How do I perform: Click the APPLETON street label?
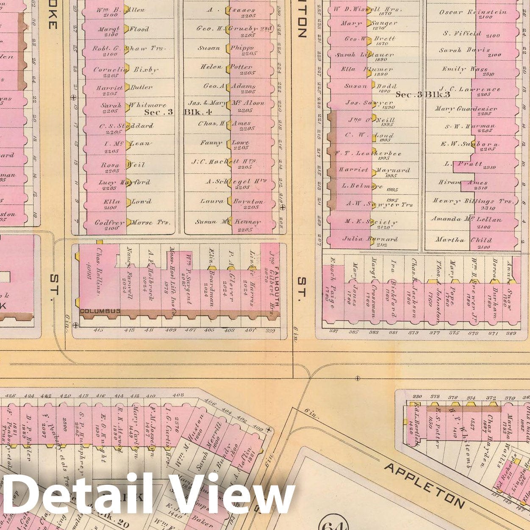coord(424,485)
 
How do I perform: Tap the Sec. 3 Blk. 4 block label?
coord(178,112)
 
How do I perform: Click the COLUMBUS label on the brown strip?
coord(100,311)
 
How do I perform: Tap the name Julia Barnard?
coord(369,239)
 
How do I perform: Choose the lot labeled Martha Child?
coord(468,240)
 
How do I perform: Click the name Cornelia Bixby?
coord(125,69)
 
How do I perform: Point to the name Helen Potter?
coord(227,67)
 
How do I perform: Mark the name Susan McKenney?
coord(227,222)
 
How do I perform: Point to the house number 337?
coord(334,332)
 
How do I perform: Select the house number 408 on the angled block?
coord(178,395)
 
